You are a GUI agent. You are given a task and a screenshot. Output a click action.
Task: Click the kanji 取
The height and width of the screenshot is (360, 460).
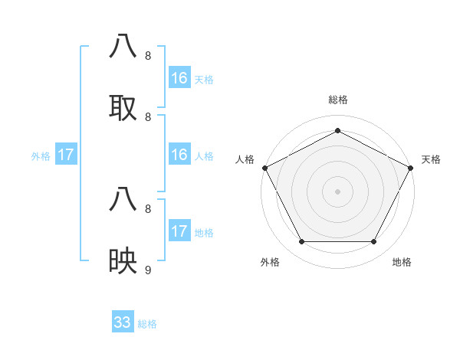(123, 108)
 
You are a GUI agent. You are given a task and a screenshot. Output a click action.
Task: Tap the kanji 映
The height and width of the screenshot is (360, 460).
(123, 261)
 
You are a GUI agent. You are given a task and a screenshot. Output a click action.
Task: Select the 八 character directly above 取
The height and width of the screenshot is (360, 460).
(123, 47)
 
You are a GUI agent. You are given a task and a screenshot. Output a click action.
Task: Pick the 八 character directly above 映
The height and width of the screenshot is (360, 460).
(123, 200)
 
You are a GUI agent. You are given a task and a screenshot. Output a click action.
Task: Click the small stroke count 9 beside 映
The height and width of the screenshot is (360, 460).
(148, 270)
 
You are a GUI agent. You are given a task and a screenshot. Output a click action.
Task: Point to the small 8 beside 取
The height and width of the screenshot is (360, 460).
(148, 116)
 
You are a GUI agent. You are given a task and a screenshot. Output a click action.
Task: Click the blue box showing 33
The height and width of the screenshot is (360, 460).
(123, 322)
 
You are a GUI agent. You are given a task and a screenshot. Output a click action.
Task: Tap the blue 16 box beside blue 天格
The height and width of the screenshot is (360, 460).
(179, 78)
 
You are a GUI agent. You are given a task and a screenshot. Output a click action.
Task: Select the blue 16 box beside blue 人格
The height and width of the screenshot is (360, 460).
(179, 155)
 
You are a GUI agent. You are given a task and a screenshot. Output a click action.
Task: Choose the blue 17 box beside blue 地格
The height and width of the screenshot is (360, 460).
(179, 231)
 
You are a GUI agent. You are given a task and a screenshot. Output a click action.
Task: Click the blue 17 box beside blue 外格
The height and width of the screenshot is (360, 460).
(66, 155)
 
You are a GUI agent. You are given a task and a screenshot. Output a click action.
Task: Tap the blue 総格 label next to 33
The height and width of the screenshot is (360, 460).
(147, 324)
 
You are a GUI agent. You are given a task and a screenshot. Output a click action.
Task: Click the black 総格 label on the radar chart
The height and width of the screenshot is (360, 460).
(337, 100)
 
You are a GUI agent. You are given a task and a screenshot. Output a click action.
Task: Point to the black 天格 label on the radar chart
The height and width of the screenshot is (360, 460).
(431, 159)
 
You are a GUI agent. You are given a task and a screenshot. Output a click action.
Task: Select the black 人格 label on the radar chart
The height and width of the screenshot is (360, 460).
(245, 159)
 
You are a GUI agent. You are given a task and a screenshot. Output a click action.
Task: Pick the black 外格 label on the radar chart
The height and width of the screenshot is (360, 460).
(270, 262)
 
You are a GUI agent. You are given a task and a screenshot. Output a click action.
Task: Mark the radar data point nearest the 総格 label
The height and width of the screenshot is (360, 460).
(337, 130)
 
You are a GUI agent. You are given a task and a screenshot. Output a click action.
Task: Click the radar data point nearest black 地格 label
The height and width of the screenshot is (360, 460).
(374, 241)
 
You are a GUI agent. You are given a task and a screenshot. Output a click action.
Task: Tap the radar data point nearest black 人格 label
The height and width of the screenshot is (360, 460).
(264, 168)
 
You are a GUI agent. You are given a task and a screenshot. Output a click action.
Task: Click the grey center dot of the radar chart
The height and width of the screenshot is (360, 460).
(337, 191)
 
